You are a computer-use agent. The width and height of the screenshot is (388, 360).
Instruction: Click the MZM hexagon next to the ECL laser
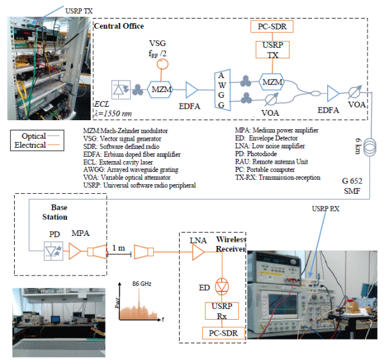pos(158,90)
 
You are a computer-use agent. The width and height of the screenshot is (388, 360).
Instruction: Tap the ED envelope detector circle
pos(221,283)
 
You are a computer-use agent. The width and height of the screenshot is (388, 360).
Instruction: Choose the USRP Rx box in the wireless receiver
pos(221,311)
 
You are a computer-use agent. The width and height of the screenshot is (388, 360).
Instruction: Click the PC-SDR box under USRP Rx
pos(221,333)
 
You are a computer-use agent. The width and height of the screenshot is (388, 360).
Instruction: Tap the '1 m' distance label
pos(120,248)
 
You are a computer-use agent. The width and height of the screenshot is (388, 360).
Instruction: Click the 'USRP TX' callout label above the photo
pos(79,11)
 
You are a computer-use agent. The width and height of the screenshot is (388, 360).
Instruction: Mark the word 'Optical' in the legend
pos(34,136)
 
